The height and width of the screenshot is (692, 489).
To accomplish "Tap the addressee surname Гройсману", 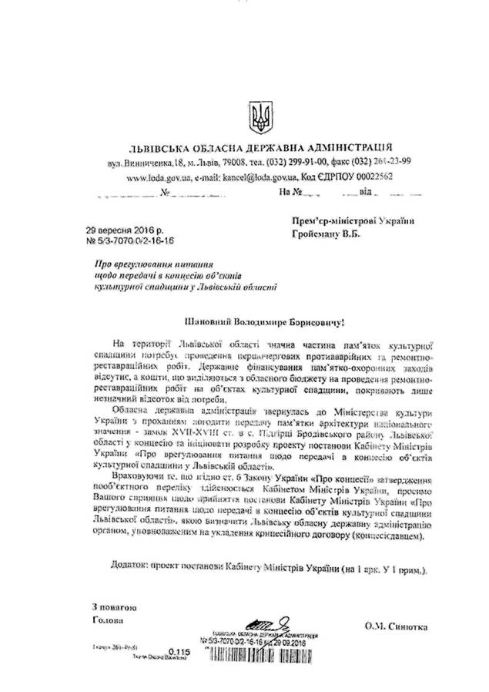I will [x=321, y=233].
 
